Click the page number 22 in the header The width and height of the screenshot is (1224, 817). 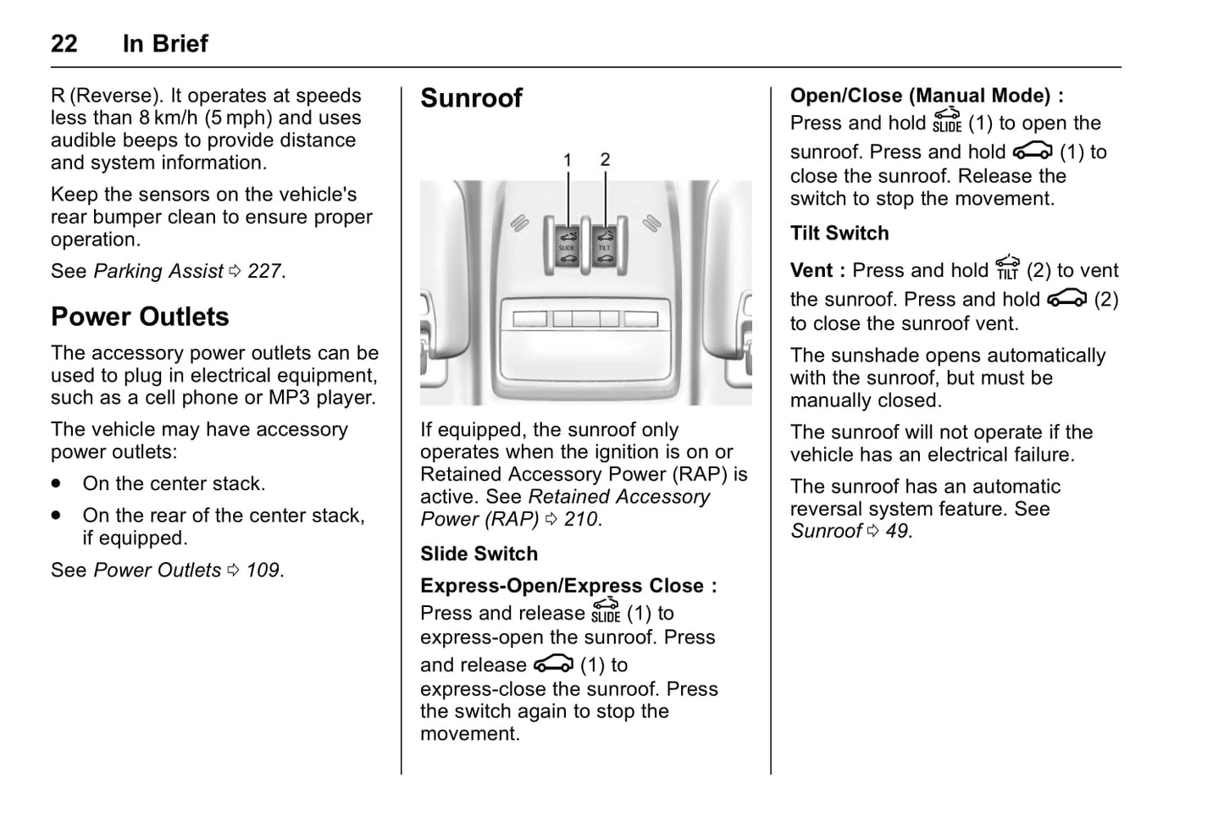pos(64,44)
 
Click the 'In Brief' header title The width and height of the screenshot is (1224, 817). pos(165,44)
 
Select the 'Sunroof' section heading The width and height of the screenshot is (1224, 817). pos(471,98)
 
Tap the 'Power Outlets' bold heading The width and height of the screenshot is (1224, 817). pos(140,317)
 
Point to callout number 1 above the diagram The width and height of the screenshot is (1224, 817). pos(568,160)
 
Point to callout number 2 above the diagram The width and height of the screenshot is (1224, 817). pos(605,159)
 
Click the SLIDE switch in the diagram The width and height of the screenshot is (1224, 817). pos(567,246)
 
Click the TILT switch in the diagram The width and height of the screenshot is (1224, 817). pos(605,246)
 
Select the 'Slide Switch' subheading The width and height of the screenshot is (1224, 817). pos(479,554)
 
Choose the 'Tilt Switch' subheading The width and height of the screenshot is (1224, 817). pos(839,234)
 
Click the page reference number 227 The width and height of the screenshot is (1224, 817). pos(264,272)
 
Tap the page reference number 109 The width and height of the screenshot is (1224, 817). pos(263,571)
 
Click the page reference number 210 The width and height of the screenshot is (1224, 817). pos(580,520)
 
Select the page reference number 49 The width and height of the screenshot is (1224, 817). pos(896,532)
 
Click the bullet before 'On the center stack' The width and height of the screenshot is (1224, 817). pos(56,484)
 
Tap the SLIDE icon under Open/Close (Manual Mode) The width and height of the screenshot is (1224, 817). pos(946,120)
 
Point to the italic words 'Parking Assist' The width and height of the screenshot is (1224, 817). pos(158,272)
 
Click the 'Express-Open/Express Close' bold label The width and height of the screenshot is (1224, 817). pos(562,586)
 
